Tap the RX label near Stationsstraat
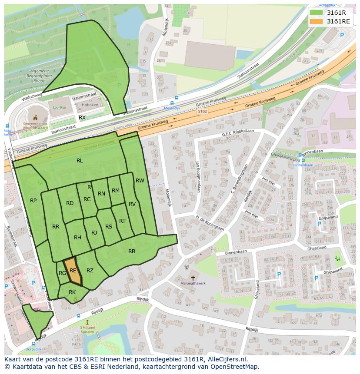(82, 118)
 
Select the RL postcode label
(80, 161)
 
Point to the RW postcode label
(140, 181)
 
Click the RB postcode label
(132, 252)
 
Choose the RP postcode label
(33, 201)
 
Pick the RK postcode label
(72, 292)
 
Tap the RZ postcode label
(90, 271)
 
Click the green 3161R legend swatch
(316, 12)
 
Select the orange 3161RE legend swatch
(316, 21)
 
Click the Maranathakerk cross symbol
(193, 278)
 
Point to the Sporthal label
(59, 108)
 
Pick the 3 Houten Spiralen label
(87, 330)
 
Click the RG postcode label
(62, 273)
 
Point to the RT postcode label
(122, 221)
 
